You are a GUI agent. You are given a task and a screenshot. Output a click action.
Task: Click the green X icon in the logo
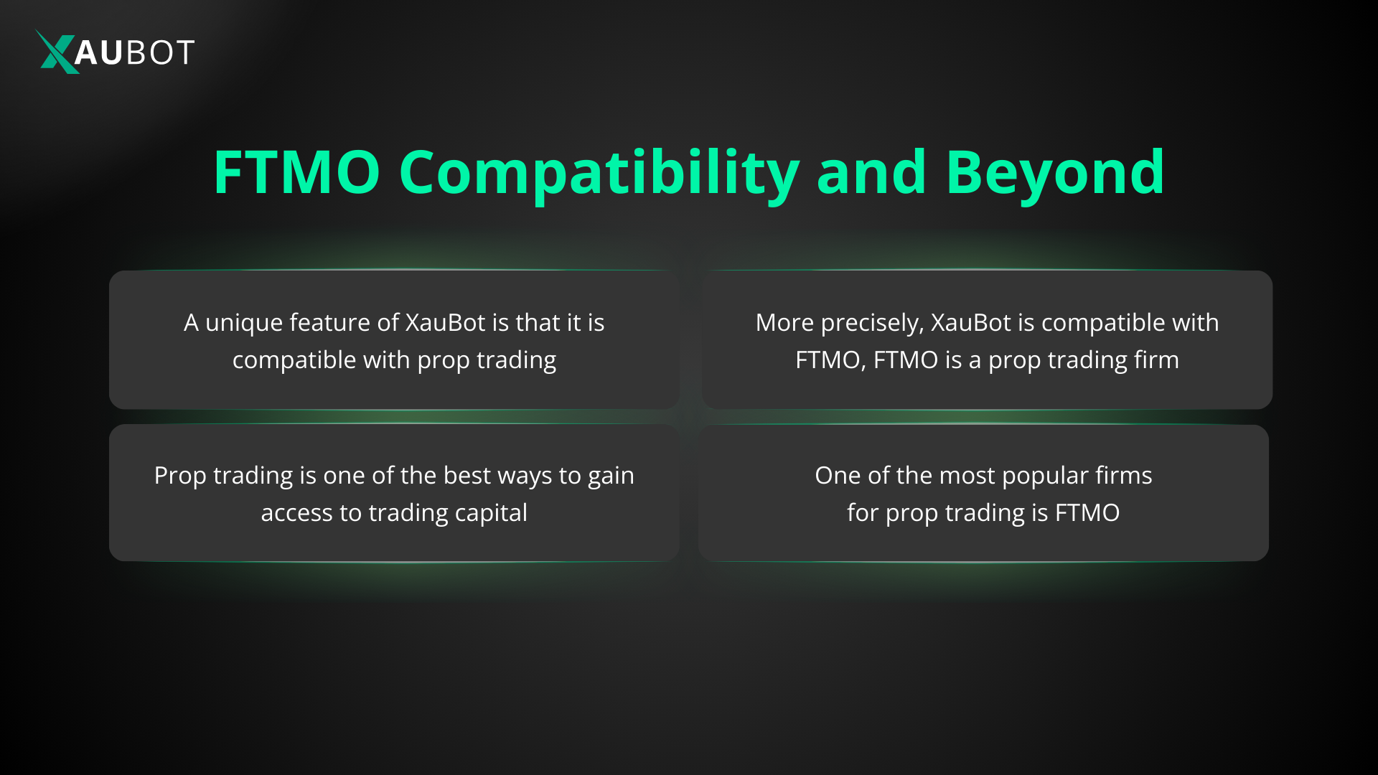coord(56,52)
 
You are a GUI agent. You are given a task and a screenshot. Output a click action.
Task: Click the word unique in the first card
coord(244,323)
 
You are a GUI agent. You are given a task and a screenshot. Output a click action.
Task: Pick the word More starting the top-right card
coord(784,323)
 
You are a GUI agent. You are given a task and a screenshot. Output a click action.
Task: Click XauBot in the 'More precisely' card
coord(971,323)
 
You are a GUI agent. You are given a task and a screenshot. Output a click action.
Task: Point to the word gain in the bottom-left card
coord(611,476)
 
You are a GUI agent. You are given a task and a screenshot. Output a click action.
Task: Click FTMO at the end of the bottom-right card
coord(1087,513)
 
